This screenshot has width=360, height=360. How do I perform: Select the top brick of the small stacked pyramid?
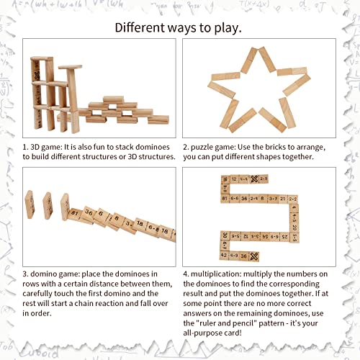point(114,99)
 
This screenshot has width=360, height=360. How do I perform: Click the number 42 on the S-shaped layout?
point(225,255)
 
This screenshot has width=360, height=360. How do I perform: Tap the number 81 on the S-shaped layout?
point(225,198)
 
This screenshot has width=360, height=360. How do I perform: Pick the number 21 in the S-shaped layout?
point(283,198)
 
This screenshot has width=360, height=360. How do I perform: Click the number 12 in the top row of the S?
point(234,178)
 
